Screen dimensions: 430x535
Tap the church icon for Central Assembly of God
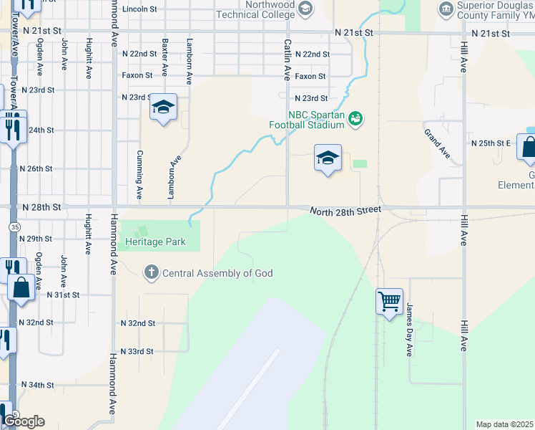coord(151,272)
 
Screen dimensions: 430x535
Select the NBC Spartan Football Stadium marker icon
coord(356,119)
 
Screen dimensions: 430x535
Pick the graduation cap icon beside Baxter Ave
coord(163,108)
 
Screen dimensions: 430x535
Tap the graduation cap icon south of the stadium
coord(328,158)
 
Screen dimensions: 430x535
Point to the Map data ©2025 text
coord(504,424)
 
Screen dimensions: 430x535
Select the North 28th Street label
coord(345,209)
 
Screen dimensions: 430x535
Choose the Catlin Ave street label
coord(287,59)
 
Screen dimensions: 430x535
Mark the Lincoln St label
coord(139,9)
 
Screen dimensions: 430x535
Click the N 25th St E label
coord(491,143)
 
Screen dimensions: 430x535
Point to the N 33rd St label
coord(137,351)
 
